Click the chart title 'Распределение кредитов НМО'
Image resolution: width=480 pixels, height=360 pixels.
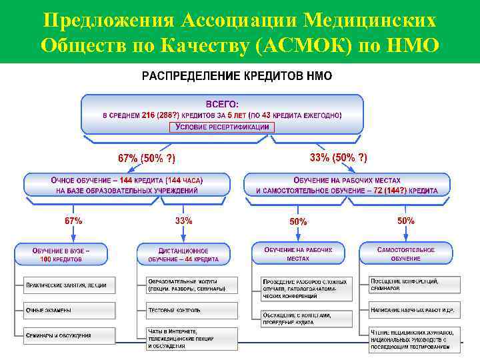(x=237, y=76)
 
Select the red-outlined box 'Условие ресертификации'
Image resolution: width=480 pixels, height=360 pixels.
(x=221, y=127)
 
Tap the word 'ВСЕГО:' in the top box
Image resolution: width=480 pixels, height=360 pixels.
(x=222, y=104)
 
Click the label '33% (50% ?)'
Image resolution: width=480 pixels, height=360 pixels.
(x=338, y=157)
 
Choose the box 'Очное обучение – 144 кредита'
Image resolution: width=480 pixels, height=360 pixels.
(x=127, y=185)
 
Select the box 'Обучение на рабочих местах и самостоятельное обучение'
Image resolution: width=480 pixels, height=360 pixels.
(x=347, y=185)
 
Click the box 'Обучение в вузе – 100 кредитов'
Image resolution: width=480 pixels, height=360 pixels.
(x=61, y=254)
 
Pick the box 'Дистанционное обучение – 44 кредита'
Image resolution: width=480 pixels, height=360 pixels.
(x=183, y=254)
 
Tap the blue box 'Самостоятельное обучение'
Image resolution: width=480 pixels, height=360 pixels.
(x=405, y=254)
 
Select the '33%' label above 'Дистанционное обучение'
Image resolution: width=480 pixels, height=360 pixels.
(x=183, y=221)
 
